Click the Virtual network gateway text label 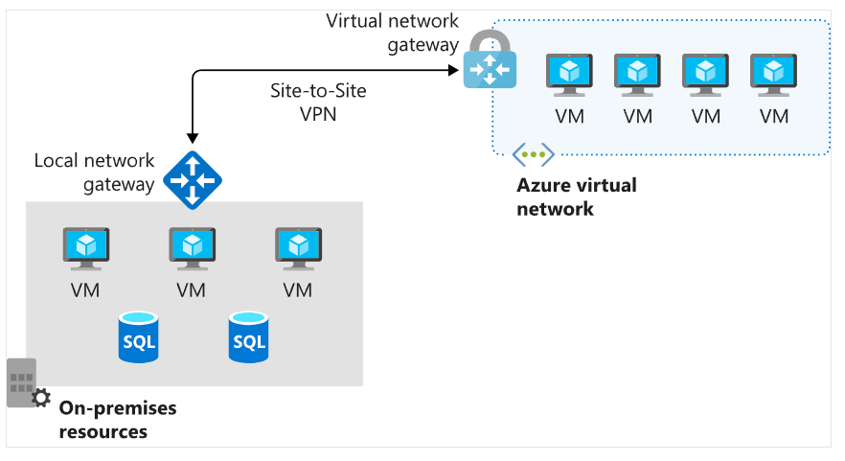point(393,33)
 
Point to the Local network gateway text point(94,172)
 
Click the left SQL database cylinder point(139,336)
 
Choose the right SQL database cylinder point(249,336)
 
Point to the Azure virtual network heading point(576,196)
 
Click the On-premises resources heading point(118,420)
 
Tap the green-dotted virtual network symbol point(533,153)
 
